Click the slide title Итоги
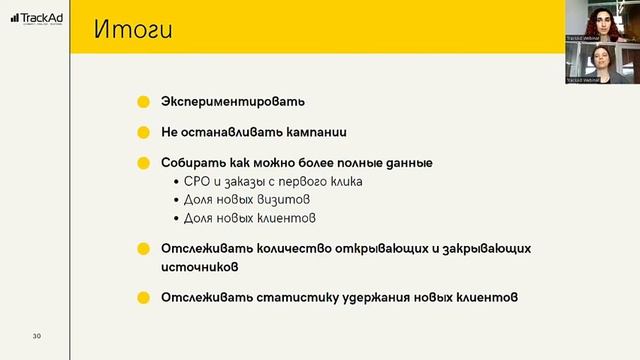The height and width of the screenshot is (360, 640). pyautogui.click(x=134, y=29)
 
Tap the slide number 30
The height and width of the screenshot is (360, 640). pyautogui.click(x=36, y=335)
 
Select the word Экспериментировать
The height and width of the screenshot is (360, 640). pyautogui.click(x=233, y=102)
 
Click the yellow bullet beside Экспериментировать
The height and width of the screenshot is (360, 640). pyautogui.click(x=144, y=102)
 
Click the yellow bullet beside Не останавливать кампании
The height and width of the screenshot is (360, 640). pyautogui.click(x=144, y=131)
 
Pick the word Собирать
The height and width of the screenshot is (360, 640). pyautogui.click(x=192, y=161)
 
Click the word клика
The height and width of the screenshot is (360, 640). pyautogui.click(x=342, y=181)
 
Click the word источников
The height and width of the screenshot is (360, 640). pyautogui.click(x=200, y=267)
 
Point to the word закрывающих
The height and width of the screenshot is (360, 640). pyautogui.click(x=483, y=248)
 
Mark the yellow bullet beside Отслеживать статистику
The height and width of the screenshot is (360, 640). pyautogui.click(x=144, y=297)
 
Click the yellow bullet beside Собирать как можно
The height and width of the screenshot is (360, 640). pyautogui.click(x=144, y=161)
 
